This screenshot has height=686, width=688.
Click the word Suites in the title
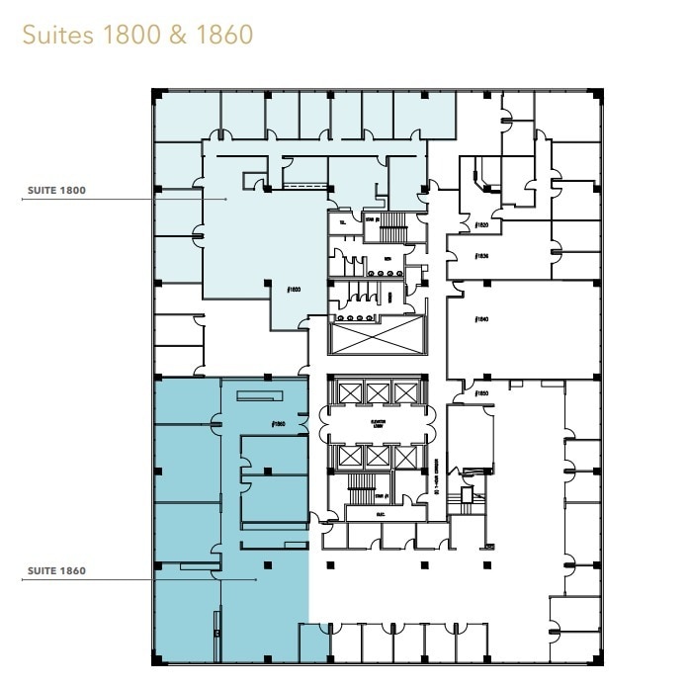[55, 35]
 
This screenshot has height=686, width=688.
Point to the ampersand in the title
[178, 35]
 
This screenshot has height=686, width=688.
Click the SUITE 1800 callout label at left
[46, 190]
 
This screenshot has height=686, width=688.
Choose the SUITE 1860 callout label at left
[46, 570]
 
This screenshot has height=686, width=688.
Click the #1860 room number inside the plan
[278, 424]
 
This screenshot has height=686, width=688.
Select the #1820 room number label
[482, 225]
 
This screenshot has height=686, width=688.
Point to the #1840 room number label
[482, 319]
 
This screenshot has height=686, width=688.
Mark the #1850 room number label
[482, 393]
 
